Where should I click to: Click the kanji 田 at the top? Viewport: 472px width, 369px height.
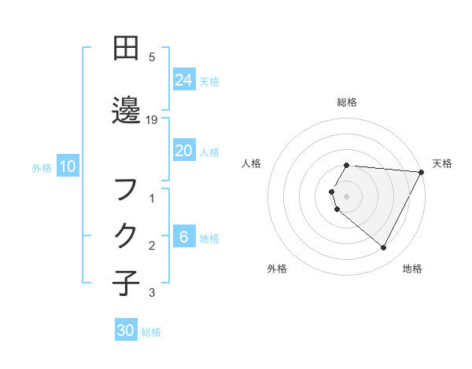[126, 49]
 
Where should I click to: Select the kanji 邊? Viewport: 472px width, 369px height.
[126, 111]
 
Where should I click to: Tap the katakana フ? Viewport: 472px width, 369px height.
[126, 190]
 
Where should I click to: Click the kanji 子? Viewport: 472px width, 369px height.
[126, 283]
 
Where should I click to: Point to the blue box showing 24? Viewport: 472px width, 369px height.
[183, 80]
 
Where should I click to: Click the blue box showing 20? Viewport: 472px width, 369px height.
[183, 151]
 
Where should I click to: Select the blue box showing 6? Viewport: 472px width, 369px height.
[183, 237]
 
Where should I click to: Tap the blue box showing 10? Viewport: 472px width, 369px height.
[67, 166]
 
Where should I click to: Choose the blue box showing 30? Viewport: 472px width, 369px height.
[126, 331]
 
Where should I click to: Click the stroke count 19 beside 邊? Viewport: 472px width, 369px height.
[153, 119]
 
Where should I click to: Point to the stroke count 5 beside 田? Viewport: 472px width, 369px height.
[152, 57]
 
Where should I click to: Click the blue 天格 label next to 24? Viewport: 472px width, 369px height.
[209, 81]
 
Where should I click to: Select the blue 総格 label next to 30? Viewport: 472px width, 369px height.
[151, 332]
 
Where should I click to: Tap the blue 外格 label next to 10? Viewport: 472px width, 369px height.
[41, 167]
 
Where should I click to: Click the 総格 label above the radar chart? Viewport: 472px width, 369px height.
[347, 102]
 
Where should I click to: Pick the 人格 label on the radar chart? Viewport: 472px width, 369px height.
[252, 163]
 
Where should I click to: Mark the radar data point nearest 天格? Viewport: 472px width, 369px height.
[422, 173]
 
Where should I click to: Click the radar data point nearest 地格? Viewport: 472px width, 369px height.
[384, 248]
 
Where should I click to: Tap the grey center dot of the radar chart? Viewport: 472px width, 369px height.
[347, 195]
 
